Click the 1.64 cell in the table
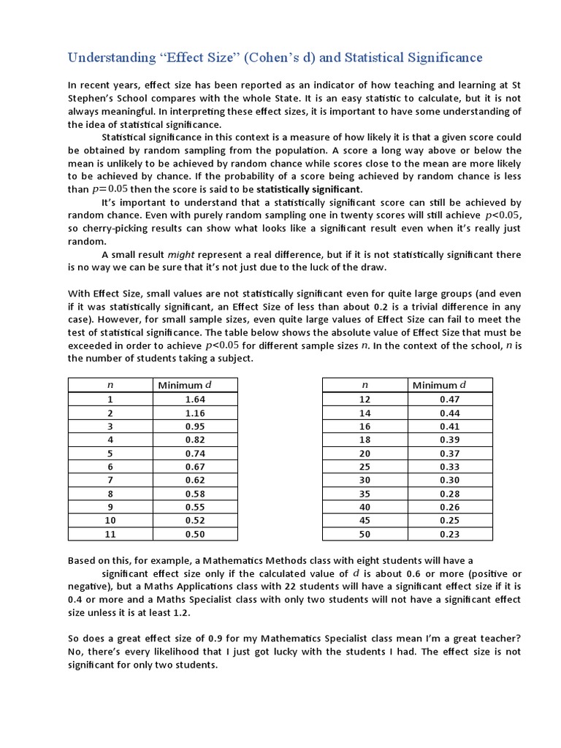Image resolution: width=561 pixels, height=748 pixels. (x=195, y=399)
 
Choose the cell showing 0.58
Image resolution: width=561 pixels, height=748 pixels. (x=195, y=495)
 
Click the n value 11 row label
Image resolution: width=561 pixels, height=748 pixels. (x=110, y=535)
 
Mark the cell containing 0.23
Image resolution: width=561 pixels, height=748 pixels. (x=449, y=535)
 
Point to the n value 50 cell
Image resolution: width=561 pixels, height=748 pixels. (x=365, y=535)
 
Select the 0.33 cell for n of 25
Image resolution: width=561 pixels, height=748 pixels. (x=449, y=467)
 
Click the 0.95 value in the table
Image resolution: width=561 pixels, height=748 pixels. (x=195, y=426)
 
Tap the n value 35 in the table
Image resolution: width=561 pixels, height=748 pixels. (x=365, y=495)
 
